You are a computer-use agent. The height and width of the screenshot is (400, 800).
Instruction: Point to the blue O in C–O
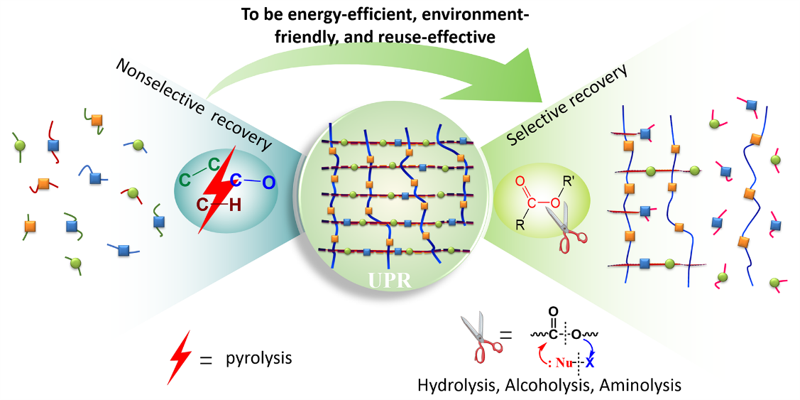point(268,183)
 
